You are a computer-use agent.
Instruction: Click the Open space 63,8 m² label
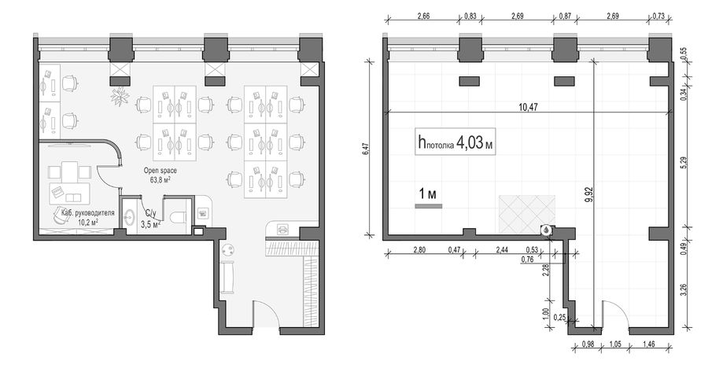160,175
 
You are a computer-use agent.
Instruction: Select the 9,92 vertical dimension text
588,194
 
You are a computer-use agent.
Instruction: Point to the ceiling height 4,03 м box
455,142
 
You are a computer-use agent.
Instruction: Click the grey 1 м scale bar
429,206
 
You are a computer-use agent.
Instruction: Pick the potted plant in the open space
120,96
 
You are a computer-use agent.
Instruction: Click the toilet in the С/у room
179,217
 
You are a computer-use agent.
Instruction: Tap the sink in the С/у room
129,218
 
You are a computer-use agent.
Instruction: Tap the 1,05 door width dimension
615,344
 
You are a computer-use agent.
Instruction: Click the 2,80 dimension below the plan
419,249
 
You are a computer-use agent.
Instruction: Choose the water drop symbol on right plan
547,230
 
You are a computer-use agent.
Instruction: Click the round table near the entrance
227,250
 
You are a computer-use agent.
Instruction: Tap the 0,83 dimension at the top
470,17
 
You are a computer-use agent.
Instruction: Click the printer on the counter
282,229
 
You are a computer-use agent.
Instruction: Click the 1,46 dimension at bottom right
648,344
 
